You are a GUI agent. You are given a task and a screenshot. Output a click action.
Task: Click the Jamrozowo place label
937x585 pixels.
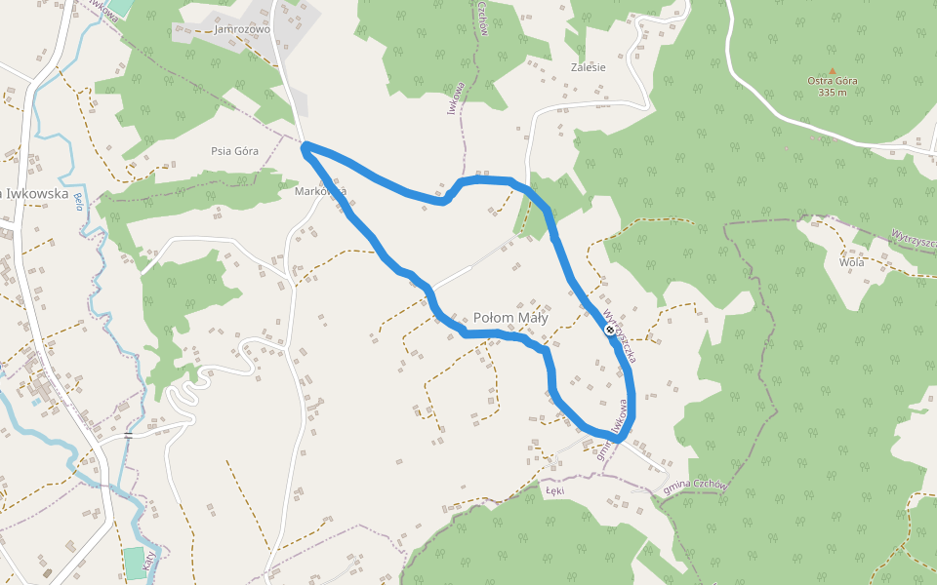click(x=243, y=29)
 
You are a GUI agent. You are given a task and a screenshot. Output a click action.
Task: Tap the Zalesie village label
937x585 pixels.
click(x=588, y=67)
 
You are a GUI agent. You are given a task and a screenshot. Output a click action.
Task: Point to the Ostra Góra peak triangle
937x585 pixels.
click(x=833, y=70)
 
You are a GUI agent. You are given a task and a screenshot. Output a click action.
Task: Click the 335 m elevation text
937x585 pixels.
click(x=833, y=93)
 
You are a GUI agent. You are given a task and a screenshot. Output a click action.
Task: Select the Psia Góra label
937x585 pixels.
click(x=234, y=151)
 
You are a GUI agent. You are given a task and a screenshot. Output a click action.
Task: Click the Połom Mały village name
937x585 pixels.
click(x=510, y=318)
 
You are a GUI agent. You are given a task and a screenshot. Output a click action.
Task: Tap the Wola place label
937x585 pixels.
click(x=851, y=262)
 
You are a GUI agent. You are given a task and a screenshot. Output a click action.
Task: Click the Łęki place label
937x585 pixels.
click(x=555, y=491)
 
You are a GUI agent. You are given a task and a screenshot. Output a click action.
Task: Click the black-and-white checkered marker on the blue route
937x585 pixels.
click(x=610, y=331)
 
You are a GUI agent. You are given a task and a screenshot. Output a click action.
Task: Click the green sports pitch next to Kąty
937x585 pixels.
click(x=134, y=563)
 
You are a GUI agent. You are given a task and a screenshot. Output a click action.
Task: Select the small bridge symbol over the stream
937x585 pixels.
click(x=128, y=434)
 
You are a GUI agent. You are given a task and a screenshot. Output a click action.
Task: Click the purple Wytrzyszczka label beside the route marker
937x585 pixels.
click(x=621, y=337)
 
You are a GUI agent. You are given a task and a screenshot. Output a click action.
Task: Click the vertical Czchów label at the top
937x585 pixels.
click(x=483, y=18)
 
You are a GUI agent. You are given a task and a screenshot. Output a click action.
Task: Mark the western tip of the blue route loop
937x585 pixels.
click(x=306, y=148)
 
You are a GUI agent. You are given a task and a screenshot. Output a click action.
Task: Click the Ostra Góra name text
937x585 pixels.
click(x=833, y=81)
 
